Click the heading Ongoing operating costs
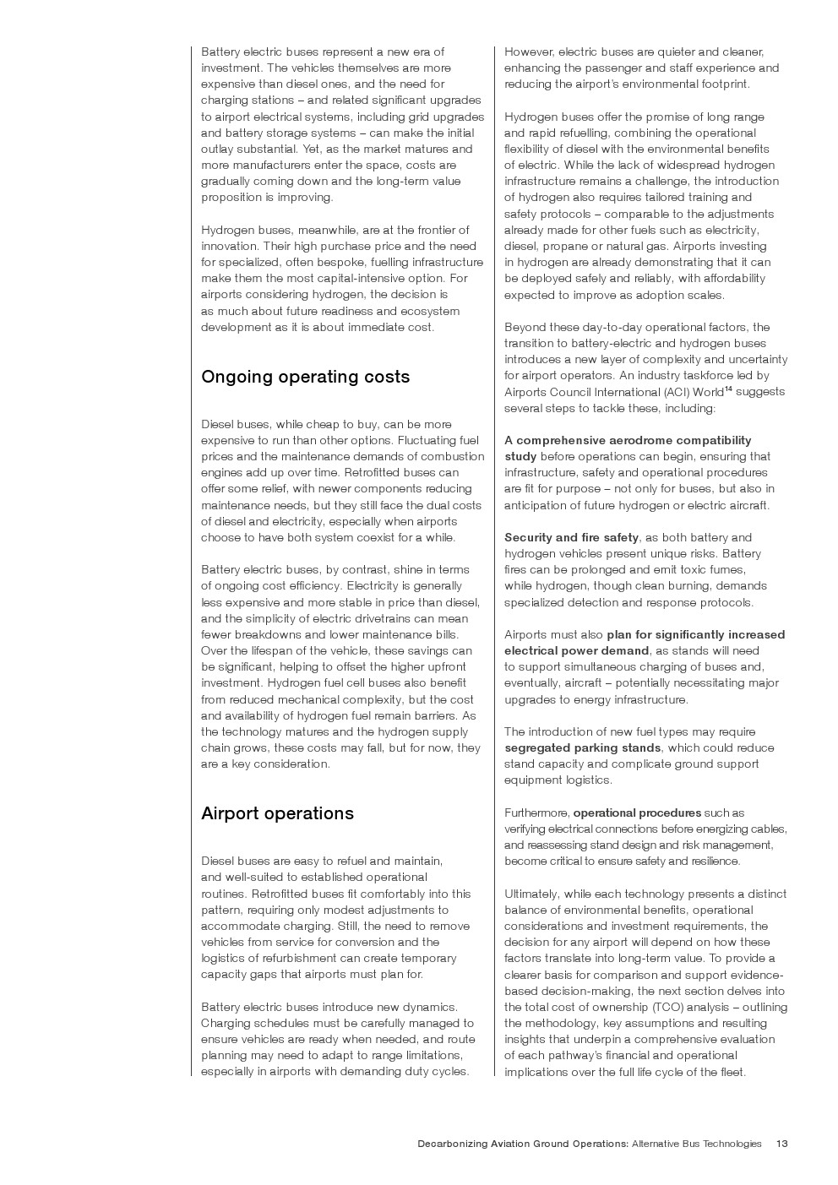(305, 377)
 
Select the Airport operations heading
(277, 813)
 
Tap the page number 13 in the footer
(781, 1144)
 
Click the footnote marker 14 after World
(728, 389)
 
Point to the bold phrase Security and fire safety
(571, 537)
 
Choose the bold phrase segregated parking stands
(582, 747)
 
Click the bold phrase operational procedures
(637, 813)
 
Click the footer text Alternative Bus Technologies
(696, 1144)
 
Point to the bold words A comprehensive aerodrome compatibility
(627, 440)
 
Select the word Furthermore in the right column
(536, 813)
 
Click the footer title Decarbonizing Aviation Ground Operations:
(522, 1144)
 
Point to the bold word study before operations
(520, 456)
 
